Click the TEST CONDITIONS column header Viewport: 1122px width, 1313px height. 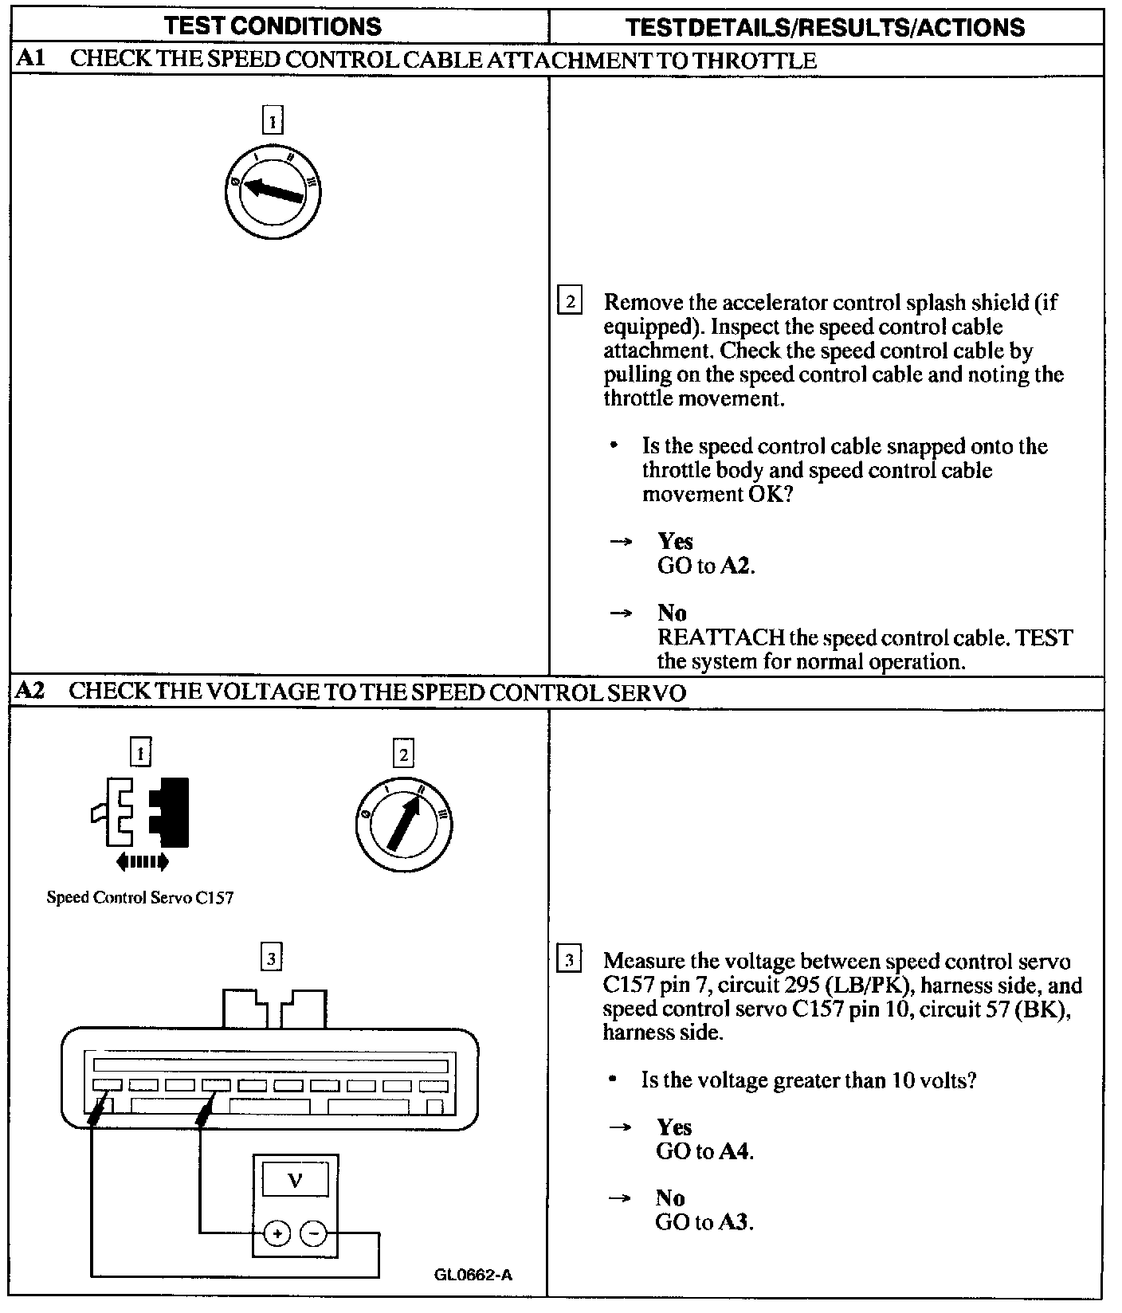[273, 26]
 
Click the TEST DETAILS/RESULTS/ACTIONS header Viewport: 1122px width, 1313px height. [826, 28]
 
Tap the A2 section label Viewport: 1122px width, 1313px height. [30, 691]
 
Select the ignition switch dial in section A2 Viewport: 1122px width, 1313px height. [404, 822]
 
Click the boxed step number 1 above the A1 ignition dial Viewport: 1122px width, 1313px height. [273, 121]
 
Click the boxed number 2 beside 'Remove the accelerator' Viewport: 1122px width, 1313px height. [570, 302]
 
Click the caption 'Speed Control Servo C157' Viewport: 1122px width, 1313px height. [140, 898]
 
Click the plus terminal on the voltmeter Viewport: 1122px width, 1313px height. [277, 1234]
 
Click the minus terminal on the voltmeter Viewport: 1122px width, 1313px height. [313, 1234]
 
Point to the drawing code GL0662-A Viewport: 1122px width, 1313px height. [473, 1275]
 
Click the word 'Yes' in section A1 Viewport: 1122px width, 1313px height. [675, 542]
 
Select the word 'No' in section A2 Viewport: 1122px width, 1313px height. [670, 1197]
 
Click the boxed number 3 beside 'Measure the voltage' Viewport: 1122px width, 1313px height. [569, 960]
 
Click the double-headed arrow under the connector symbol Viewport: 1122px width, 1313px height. [142, 861]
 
